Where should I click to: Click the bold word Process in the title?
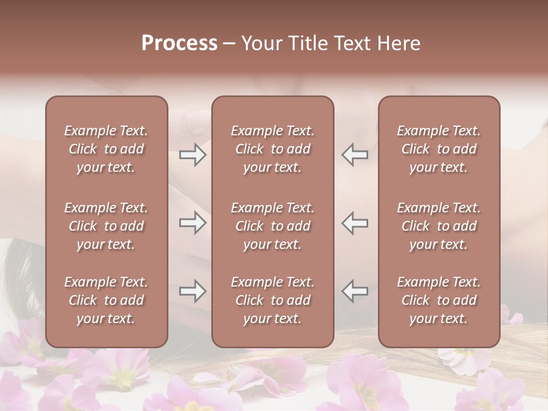point(179,43)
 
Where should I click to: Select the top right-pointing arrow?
point(192,155)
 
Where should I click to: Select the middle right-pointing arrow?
point(192,223)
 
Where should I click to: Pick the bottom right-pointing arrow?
point(192,291)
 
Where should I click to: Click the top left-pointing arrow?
point(355,155)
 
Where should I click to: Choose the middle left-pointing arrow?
point(355,223)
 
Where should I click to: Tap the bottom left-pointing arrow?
point(355,291)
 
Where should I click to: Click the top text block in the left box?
point(106,149)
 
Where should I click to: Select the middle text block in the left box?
point(106,226)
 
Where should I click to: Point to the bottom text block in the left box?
point(106,300)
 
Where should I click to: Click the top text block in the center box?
point(272,149)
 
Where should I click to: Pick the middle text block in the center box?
point(272,226)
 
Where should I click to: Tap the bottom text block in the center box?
point(272,300)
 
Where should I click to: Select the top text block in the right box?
point(438,149)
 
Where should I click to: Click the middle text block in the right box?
point(438,226)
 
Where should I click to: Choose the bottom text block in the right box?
point(438,300)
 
